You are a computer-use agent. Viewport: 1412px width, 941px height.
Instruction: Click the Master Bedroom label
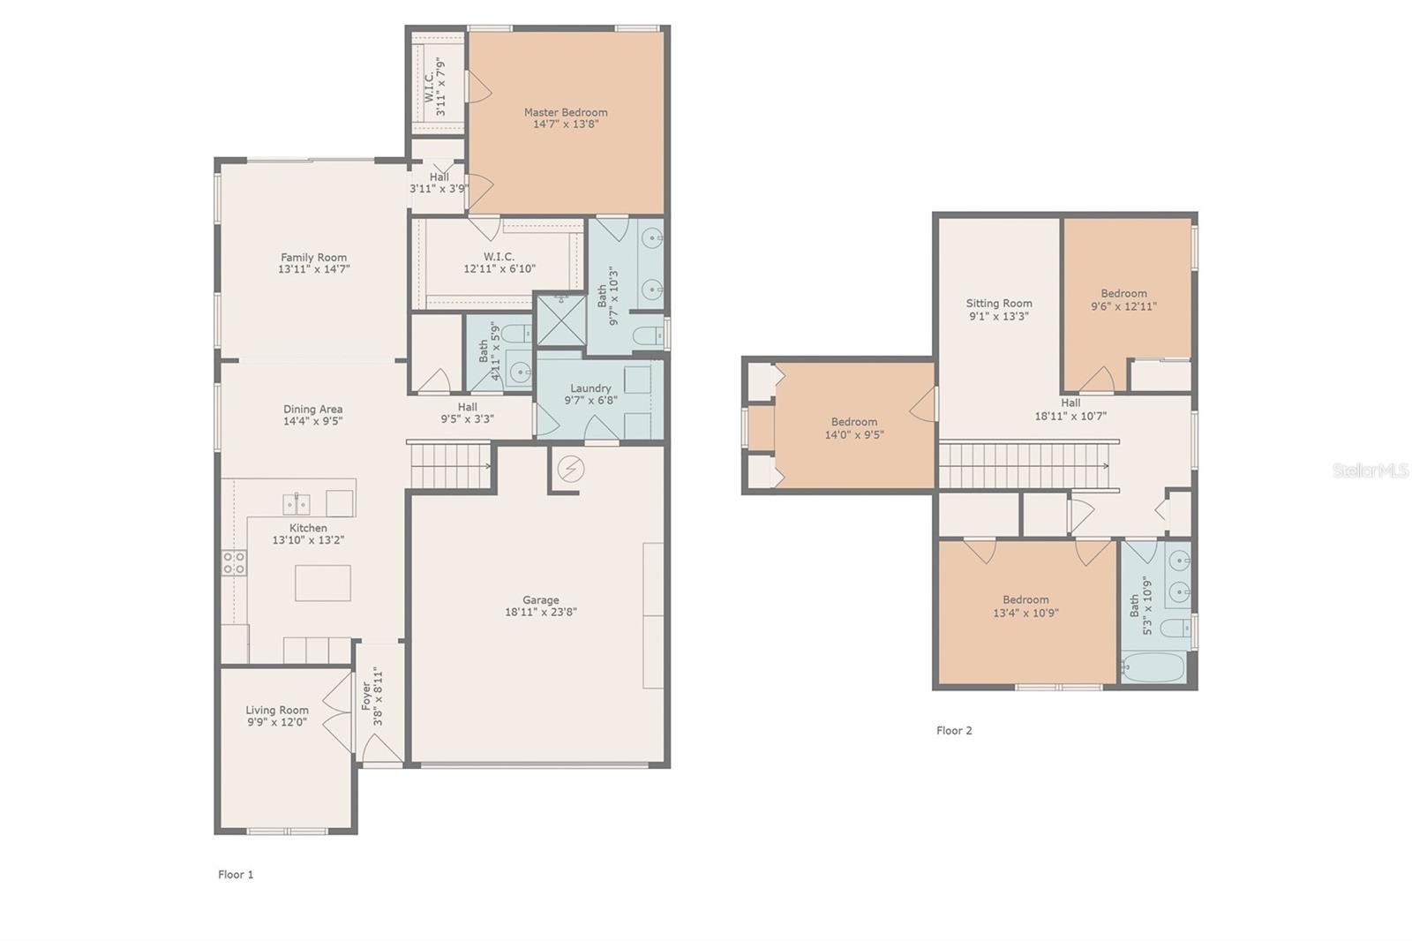[566, 112]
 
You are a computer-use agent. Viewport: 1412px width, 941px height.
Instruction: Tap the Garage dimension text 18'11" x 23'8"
[541, 612]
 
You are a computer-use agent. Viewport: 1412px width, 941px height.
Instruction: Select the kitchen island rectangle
[322, 583]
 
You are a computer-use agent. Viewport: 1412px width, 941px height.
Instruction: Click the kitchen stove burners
[234, 562]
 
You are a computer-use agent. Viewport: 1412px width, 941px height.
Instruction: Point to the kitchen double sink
[296, 504]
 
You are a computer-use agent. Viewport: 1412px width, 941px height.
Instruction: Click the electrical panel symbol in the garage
[570, 469]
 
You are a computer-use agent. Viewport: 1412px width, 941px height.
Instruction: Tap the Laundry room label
[590, 388]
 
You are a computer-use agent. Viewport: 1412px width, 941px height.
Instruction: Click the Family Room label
[313, 258]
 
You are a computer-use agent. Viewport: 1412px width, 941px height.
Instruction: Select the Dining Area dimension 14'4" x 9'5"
[312, 421]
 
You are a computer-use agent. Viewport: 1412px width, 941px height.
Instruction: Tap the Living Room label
[277, 710]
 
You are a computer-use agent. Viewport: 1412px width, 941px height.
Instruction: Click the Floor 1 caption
[236, 874]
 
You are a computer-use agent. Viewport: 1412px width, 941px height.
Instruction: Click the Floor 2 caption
[954, 730]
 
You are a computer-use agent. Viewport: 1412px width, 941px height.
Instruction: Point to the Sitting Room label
[999, 303]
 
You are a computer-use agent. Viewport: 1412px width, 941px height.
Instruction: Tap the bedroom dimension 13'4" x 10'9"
[1025, 612]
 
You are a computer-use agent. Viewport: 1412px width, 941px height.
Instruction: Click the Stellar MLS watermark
[1371, 471]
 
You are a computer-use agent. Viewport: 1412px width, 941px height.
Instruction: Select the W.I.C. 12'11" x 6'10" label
[499, 268]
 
